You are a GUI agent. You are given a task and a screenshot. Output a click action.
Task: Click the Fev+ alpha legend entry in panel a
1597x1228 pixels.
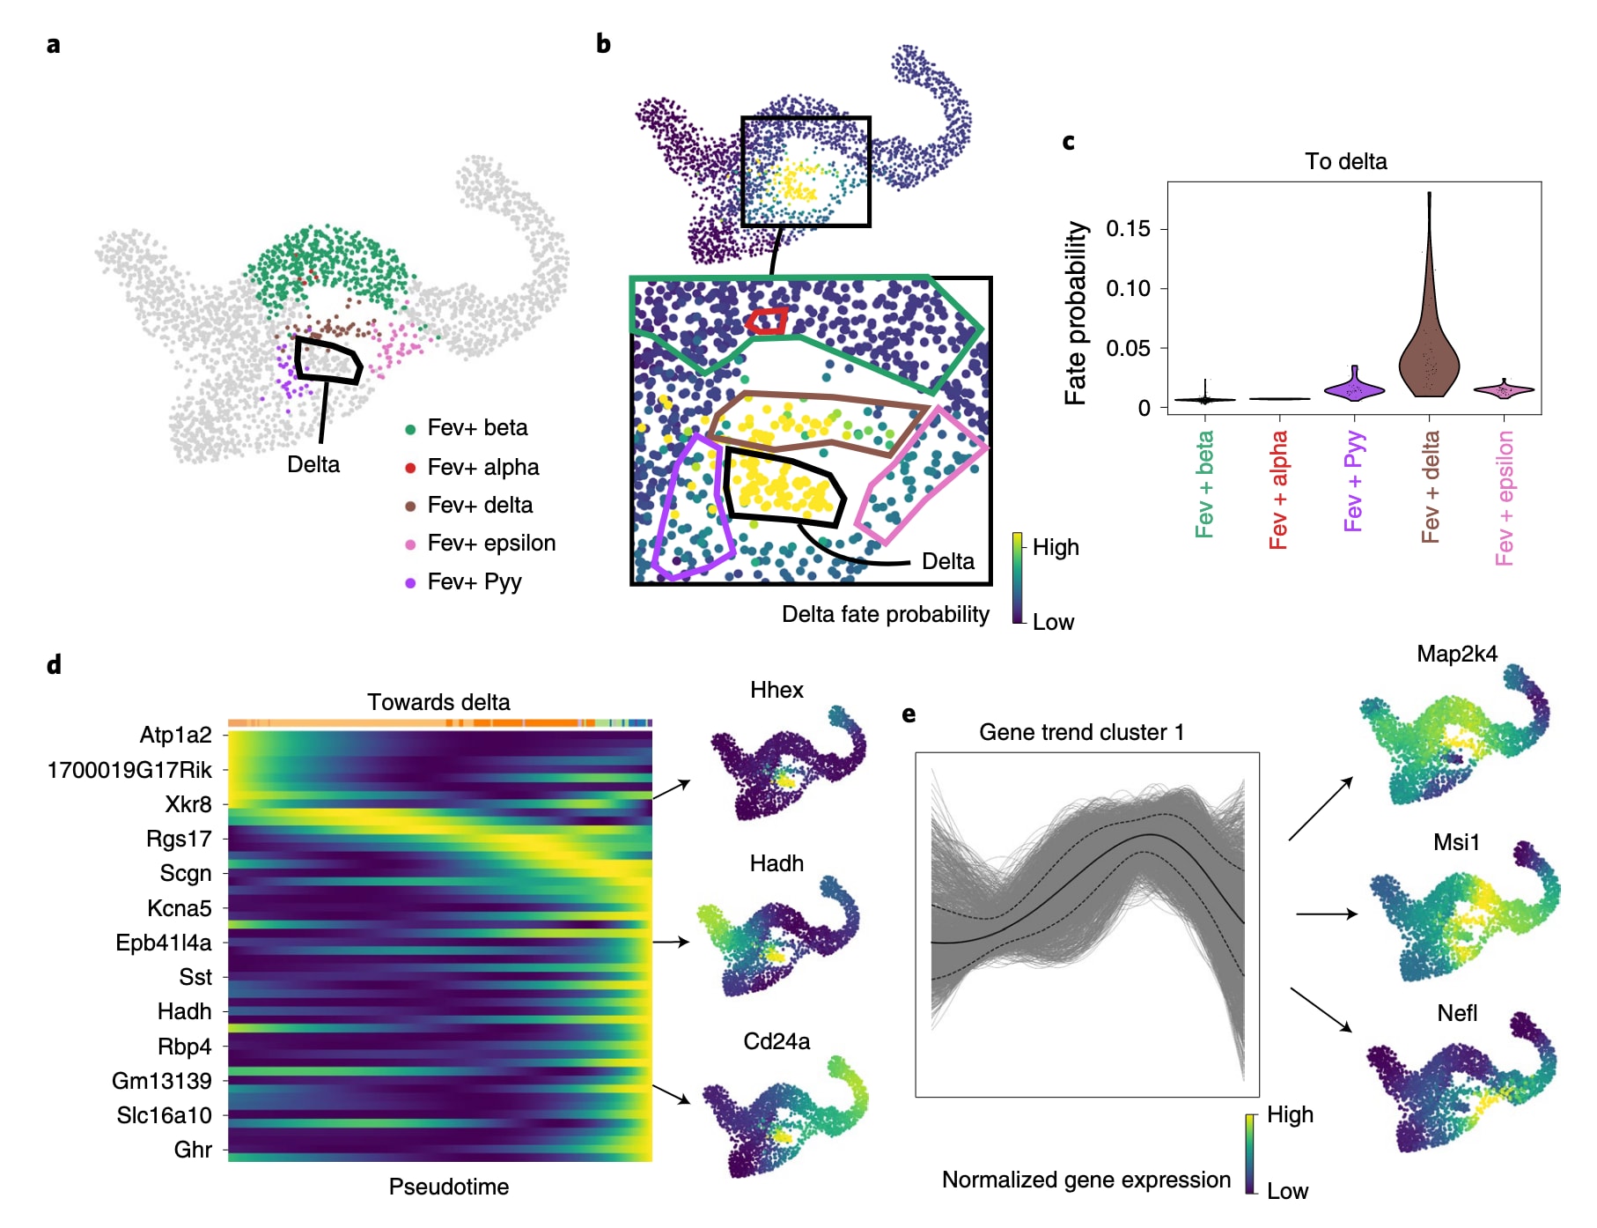tap(482, 467)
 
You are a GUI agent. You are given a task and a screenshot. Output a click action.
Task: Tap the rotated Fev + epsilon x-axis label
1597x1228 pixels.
tap(1505, 498)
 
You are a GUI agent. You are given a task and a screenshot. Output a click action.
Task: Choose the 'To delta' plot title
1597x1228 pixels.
tap(1345, 161)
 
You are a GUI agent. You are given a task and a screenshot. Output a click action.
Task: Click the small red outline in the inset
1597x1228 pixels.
tap(768, 321)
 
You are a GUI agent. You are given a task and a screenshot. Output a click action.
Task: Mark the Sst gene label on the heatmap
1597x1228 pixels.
tap(195, 977)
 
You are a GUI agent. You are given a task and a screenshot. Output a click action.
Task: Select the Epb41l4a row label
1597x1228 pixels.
tap(164, 943)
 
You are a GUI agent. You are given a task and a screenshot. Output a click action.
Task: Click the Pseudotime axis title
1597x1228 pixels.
tap(448, 1187)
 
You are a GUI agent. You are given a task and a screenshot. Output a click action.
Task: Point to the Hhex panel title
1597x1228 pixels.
tap(776, 690)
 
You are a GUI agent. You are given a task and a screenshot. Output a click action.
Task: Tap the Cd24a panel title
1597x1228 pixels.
tap(776, 1041)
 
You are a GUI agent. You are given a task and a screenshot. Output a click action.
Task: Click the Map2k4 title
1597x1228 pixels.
tap(1457, 654)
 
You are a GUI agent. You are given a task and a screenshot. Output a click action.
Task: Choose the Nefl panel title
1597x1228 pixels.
tap(1457, 1013)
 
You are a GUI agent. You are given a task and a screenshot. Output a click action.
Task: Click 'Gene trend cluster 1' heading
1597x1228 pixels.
tap(1081, 732)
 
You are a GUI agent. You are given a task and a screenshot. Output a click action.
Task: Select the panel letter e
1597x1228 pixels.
tap(909, 714)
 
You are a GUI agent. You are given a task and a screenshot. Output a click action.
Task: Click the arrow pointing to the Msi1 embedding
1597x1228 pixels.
tap(1327, 914)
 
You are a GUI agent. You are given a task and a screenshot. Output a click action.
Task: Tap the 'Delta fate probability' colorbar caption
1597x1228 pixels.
tap(885, 614)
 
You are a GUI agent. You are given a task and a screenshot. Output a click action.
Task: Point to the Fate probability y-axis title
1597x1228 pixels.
tap(1076, 313)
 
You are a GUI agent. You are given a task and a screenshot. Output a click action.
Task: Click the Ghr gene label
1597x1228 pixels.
tap(193, 1150)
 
